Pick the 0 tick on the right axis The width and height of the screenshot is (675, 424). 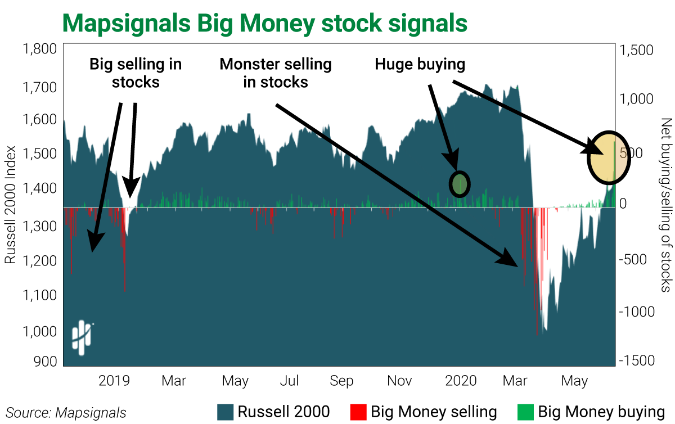(623, 204)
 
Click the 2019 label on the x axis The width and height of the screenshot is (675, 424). (114, 381)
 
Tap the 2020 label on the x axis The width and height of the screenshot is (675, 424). (460, 381)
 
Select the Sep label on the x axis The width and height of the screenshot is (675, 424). (341, 381)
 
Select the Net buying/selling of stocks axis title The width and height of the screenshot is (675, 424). (665, 205)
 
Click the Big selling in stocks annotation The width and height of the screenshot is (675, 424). (136, 73)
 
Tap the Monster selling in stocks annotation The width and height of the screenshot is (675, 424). (276, 73)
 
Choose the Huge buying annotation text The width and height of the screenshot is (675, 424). (420, 65)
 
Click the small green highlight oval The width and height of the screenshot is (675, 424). (460, 183)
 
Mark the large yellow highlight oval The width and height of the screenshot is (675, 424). (609, 157)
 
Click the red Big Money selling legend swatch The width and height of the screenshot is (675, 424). (358, 412)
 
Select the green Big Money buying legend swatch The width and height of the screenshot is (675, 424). (525, 412)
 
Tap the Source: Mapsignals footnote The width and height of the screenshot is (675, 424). (66, 413)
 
